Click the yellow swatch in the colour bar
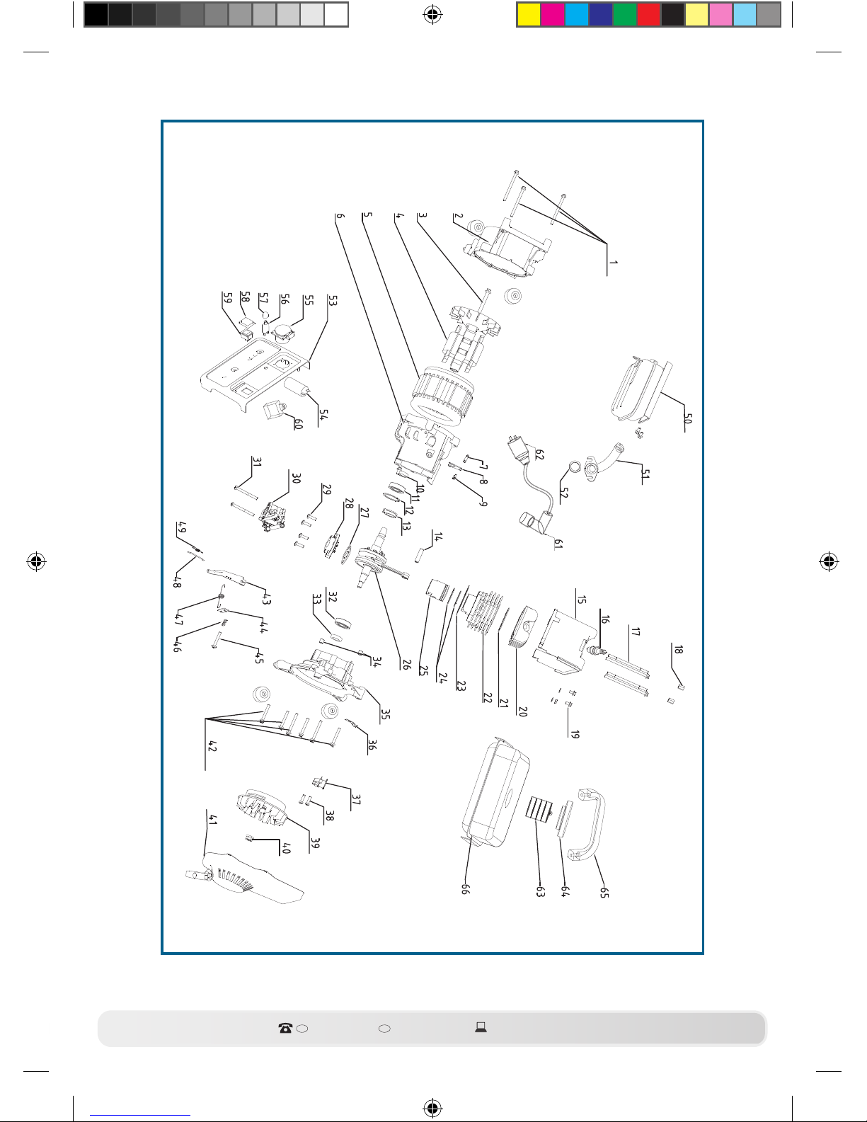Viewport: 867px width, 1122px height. [x=529, y=14]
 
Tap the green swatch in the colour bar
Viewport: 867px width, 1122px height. [x=624, y=14]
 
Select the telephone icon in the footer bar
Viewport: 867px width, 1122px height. [x=285, y=1028]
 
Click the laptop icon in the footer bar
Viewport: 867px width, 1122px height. [x=481, y=1027]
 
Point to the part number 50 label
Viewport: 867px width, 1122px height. [x=687, y=418]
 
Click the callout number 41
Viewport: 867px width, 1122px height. [x=212, y=820]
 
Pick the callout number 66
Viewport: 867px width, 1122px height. [x=466, y=888]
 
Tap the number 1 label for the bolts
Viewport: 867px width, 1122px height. [x=613, y=263]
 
